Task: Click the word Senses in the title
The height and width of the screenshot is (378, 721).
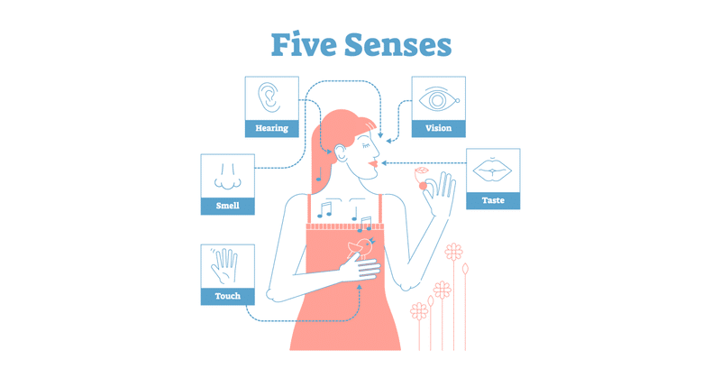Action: (x=402, y=44)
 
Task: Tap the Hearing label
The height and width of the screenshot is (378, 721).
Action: (x=271, y=128)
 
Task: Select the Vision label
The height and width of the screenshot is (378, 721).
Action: (x=438, y=128)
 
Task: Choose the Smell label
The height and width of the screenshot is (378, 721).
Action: (x=227, y=207)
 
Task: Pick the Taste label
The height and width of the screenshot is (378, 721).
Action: (x=493, y=201)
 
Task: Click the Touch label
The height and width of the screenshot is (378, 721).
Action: (x=227, y=295)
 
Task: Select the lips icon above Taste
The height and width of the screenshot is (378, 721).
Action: (x=492, y=170)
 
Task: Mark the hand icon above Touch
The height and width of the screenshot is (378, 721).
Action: (x=226, y=264)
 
